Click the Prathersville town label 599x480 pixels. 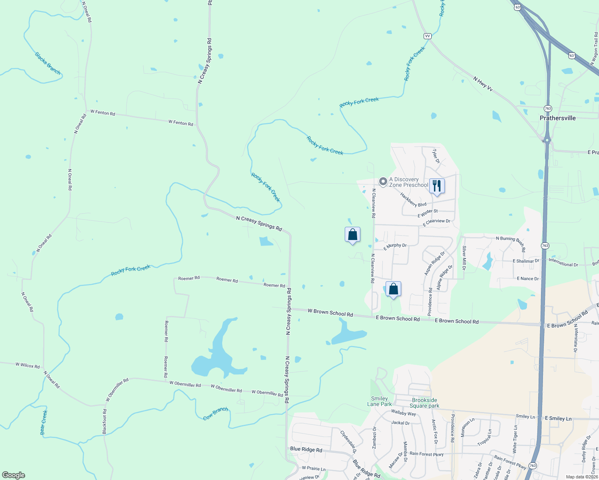point(557,118)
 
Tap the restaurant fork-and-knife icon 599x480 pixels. point(436,186)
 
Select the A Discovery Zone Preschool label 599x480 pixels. point(408,182)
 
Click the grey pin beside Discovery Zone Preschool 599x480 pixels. point(383,182)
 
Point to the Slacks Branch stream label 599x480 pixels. point(48,63)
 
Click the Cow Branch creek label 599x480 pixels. point(215,414)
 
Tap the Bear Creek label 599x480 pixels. point(44,422)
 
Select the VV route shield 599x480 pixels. point(427,36)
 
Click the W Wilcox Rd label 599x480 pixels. point(28,365)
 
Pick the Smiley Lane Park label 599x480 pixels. point(380,401)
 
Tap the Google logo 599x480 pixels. point(13,475)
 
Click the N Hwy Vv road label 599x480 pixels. point(482,84)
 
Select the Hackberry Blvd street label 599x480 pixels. point(413,200)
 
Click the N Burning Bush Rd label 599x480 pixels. point(511,241)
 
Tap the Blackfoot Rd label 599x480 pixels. point(105,421)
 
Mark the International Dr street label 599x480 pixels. point(563,262)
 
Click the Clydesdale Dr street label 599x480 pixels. point(348,442)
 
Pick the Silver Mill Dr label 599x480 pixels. point(464,258)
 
